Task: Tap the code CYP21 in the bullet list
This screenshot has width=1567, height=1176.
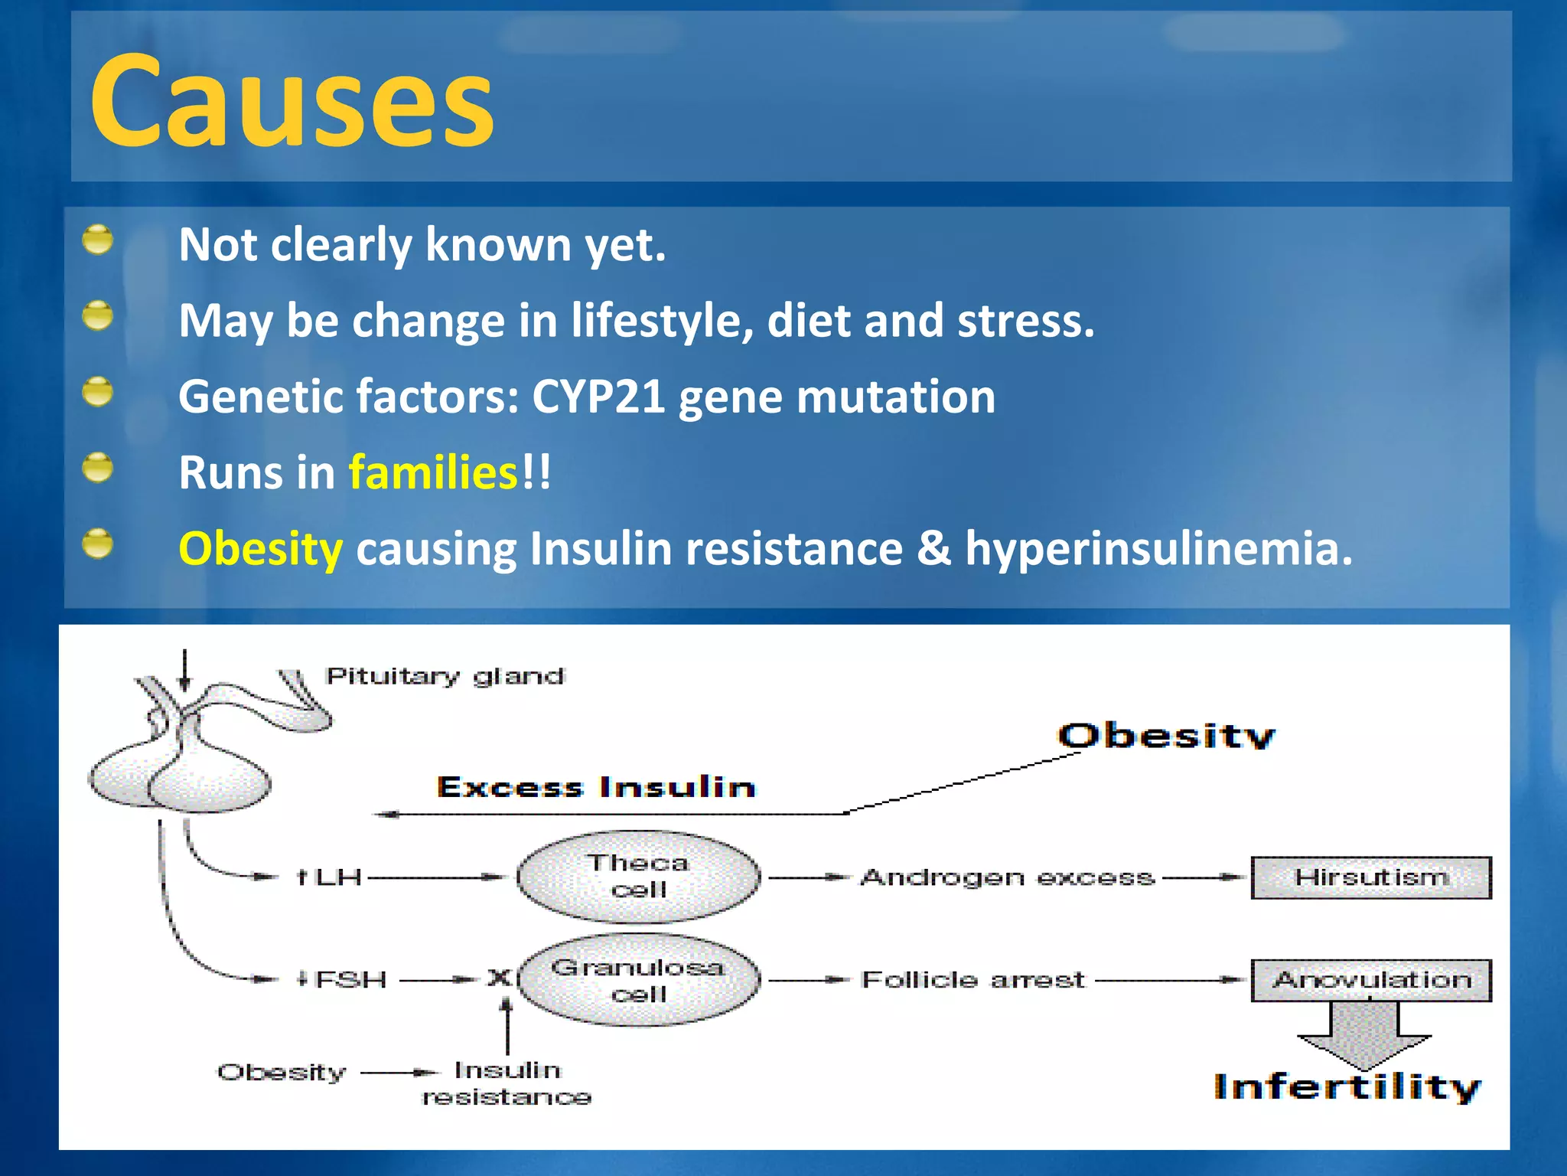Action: point(598,397)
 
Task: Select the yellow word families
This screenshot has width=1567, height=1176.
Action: point(434,472)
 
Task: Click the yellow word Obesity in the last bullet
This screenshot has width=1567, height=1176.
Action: point(260,549)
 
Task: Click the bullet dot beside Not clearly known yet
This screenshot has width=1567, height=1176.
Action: point(97,240)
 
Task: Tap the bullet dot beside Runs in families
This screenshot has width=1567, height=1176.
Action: point(97,468)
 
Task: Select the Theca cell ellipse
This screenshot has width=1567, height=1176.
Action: point(638,877)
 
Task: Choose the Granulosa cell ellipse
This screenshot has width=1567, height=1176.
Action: point(638,980)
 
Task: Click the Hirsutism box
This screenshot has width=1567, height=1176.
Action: point(1370,877)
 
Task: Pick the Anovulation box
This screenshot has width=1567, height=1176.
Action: point(1370,980)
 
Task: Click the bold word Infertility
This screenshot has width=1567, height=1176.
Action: point(1347,1087)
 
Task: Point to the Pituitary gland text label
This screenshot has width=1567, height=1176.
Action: point(445,676)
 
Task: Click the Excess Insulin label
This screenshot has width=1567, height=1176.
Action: point(595,787)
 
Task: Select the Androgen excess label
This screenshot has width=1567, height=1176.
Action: point(1007,877)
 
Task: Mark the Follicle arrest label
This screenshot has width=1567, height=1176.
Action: point(972,980)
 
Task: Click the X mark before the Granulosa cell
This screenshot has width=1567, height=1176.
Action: point(499,978)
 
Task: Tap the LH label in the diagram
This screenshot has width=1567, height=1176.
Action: point(338,877)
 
